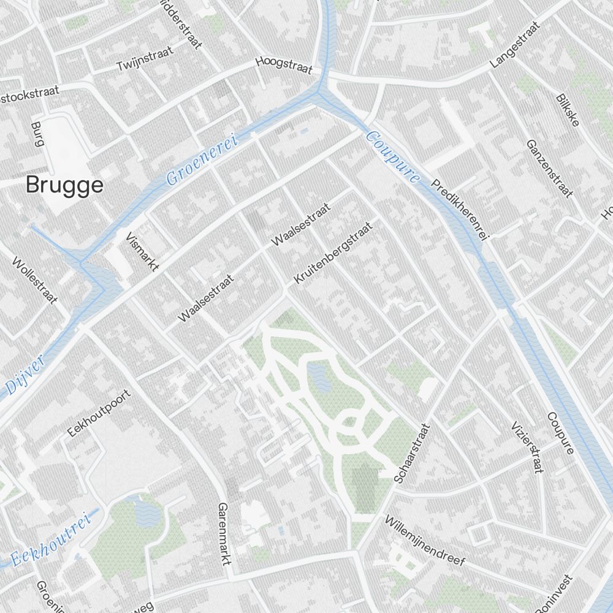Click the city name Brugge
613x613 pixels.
(x=64, y=185)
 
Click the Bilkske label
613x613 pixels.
(x=568, y=110)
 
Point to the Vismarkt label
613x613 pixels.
(x=142, y=252)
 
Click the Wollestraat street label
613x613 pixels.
(x=34, y=281)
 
